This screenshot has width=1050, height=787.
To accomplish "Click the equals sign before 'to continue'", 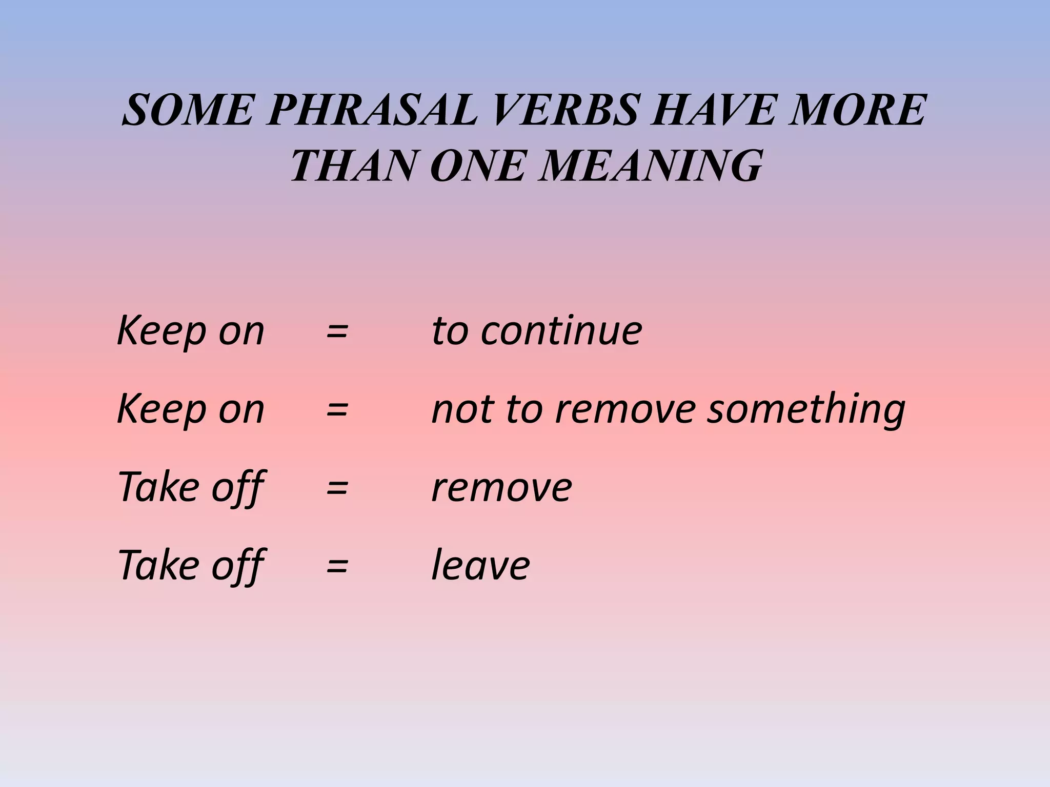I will (x=337, y=331).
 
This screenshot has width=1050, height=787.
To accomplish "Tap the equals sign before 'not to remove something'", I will (x=337, y=409).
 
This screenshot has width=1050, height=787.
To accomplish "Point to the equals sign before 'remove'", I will (x=337, y=487).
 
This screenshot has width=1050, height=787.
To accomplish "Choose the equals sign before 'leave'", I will (x=337, y=566).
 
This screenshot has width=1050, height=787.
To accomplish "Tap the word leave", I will (x=481, y=566).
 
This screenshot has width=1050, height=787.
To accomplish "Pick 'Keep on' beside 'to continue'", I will (x=191, y=331).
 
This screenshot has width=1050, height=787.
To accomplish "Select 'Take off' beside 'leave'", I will (x=191, y=566).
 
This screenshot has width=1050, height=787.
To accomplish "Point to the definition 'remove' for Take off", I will (x=502, y=487).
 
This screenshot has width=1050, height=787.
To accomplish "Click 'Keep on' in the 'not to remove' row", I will (x=191, y=409).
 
